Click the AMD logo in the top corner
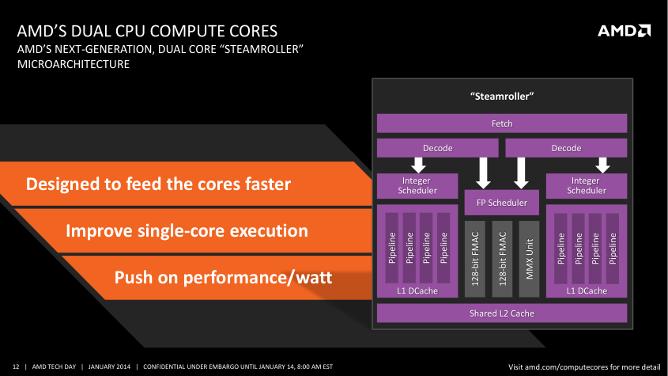point(624,31)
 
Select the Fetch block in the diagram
point(502,123)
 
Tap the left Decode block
point(437,148)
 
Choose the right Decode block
point(566,148)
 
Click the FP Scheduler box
point(502,203)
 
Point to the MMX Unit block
point(529,259)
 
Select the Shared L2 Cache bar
point(502,313)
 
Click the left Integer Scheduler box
point(417,186)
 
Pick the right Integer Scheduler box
point(587,186)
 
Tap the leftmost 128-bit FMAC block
point(475,259)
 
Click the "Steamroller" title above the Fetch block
point(502,97)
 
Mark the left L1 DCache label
point(417,291)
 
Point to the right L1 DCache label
point(587,291)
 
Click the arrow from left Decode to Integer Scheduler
point(418,165)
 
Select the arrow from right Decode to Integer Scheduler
point(603,165)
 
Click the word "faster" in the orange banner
point(267,184)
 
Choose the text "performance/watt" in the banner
point(258,278)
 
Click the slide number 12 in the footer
point(16,367)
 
